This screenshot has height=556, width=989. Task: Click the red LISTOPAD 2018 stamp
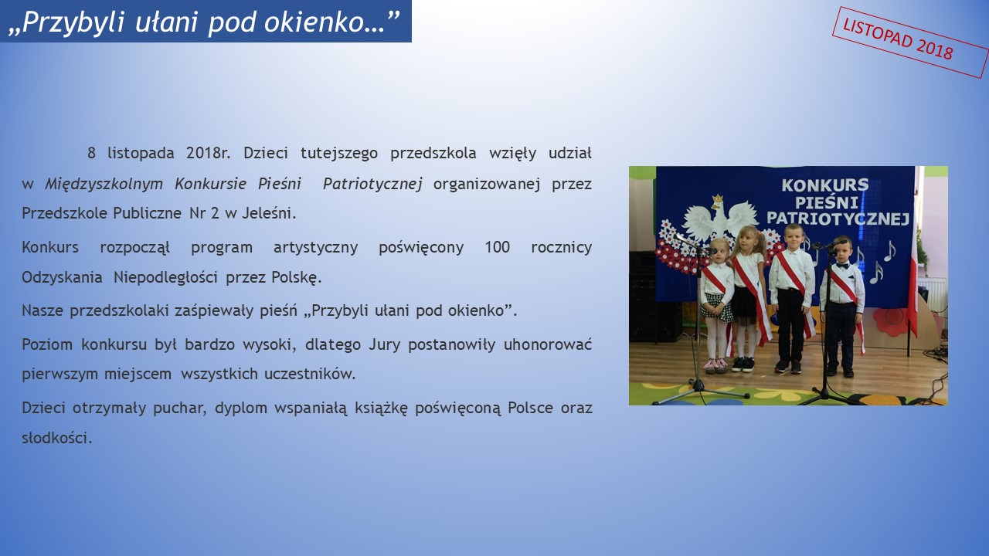910,42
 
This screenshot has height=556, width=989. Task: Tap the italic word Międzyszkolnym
104,184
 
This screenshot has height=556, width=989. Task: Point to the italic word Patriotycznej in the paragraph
372,184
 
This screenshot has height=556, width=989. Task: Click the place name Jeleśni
269,213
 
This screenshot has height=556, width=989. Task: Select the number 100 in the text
497,247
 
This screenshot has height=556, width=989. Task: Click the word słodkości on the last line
57,438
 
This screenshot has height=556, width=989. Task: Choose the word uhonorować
548,344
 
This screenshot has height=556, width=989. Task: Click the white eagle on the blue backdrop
719,218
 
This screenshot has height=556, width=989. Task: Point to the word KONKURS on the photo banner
824,185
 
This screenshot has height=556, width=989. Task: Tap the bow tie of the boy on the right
842,266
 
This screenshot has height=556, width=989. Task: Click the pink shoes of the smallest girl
715,365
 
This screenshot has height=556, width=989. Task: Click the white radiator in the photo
933,294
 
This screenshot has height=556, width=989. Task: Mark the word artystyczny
315,247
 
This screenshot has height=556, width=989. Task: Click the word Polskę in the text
296,277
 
